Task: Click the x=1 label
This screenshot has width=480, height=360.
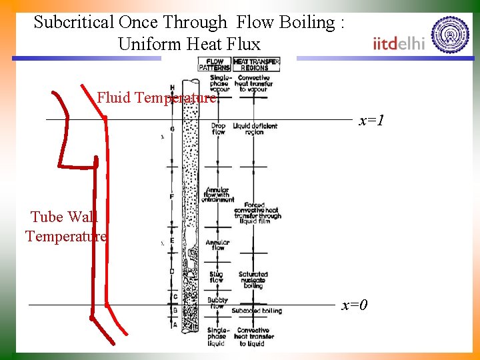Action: point(372,121)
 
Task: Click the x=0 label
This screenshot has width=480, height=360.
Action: point(355,305)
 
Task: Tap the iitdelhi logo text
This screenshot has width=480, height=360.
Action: point(399,43)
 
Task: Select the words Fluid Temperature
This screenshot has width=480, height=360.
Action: point(157,98)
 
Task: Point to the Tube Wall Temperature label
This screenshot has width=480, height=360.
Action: point(65,226)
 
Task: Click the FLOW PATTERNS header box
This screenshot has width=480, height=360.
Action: point(214,65)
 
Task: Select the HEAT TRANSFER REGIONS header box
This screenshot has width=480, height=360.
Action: point(256,65)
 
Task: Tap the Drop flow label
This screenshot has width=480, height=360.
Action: point(218,129)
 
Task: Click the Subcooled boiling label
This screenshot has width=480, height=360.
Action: point(256,311)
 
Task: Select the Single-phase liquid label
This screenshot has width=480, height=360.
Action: point(218,337)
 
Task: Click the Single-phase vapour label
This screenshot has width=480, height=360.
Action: point(219,83)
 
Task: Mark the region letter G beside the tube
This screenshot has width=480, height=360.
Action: point(172,129)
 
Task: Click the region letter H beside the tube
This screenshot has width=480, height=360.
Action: point(172,87)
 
